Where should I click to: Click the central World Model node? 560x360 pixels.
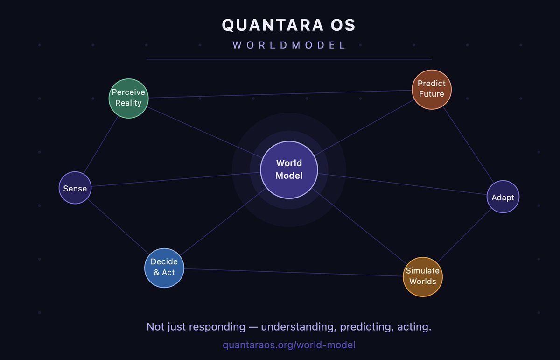pos(289,170)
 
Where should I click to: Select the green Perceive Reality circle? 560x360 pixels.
pos(128,99)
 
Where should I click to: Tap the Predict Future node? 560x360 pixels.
pos(432,89)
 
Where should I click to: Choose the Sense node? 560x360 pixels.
pos(75,188)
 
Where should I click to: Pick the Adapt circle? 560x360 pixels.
pos(503,197)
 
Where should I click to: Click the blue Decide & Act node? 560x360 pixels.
pos(164,268)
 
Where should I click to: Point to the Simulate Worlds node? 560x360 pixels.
pos(423,277)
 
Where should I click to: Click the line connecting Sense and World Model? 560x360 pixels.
pos(176,179)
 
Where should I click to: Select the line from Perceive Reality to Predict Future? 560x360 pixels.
pos(280,94)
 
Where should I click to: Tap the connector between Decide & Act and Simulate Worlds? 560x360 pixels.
pos(294,272)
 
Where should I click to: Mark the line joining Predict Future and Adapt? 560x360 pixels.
pos(468,145)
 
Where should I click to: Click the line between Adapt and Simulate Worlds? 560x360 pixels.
pos(464,235)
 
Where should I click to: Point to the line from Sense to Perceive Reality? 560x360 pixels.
pos(100,145)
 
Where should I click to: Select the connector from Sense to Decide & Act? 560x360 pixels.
pos(118,226)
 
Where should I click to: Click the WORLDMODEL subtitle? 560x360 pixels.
pos(289,45)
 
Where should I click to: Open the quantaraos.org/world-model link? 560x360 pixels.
pos(289,345)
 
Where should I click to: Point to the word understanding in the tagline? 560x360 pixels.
pos(299,327)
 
